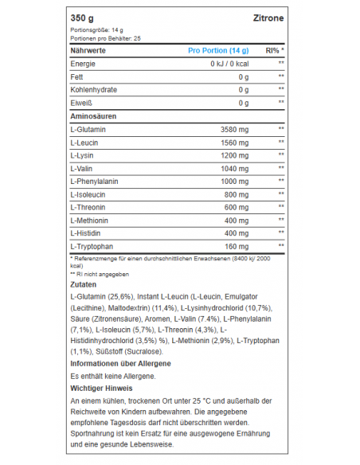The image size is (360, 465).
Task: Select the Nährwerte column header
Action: (88, 50)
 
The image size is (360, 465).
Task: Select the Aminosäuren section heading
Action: (94, 116)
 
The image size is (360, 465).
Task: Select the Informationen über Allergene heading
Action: (120, 362)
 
